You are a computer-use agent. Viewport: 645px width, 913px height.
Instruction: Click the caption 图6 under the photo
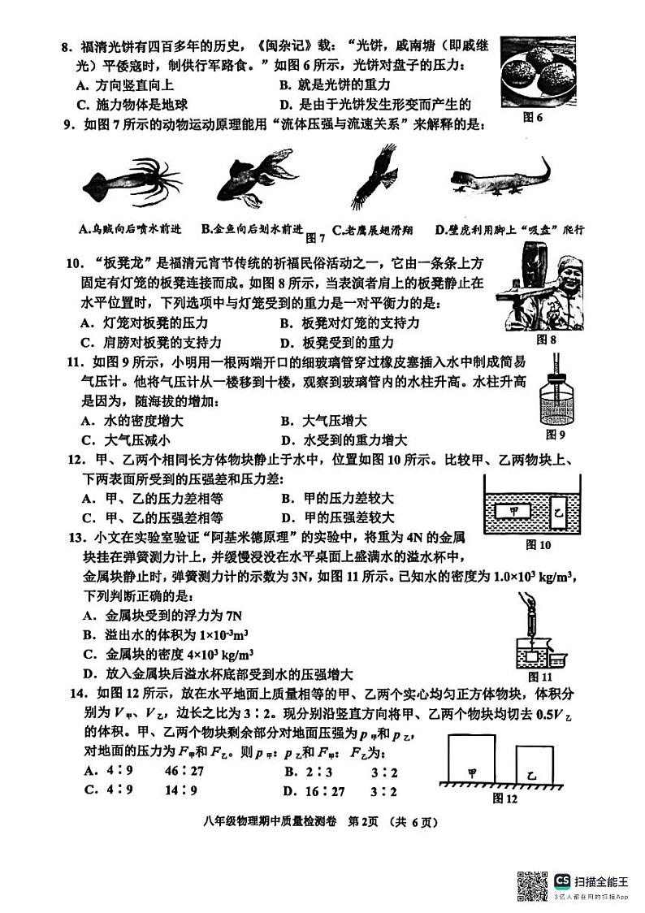[533, 118]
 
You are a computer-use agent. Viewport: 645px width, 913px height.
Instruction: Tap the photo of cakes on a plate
[534, 72]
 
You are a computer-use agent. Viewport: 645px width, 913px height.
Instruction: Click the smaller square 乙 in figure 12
[532, 764]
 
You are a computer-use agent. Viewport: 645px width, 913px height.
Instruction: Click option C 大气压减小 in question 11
[126, 440]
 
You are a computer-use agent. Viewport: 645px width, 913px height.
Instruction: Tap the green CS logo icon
[561, 881]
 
